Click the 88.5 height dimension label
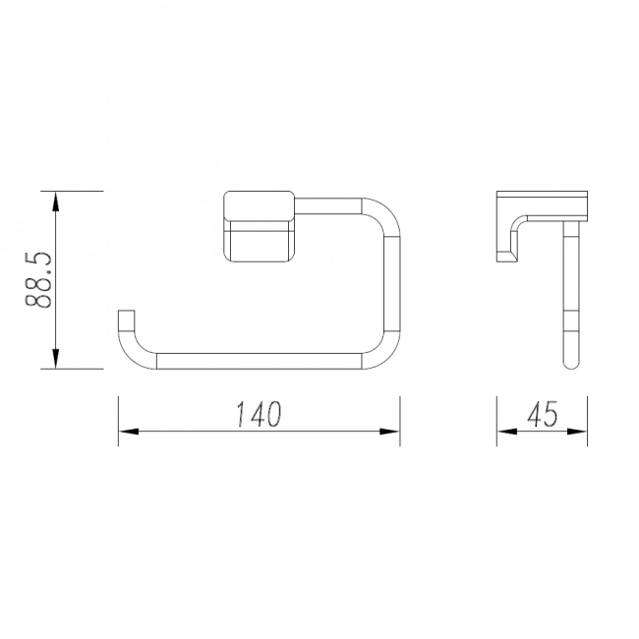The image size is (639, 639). point(38,280)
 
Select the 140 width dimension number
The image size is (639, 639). point(259,414)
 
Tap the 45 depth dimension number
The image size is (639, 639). point(543,414)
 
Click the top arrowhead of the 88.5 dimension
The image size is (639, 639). point(56,202)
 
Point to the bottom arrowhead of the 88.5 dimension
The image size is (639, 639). point(56,359)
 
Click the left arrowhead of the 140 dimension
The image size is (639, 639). point(129,432)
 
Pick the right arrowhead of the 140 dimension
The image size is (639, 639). point(389,432)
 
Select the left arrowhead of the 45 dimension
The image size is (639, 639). point(507,432)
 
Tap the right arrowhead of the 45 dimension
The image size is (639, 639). point(577,432)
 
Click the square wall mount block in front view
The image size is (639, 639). point(260,226)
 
